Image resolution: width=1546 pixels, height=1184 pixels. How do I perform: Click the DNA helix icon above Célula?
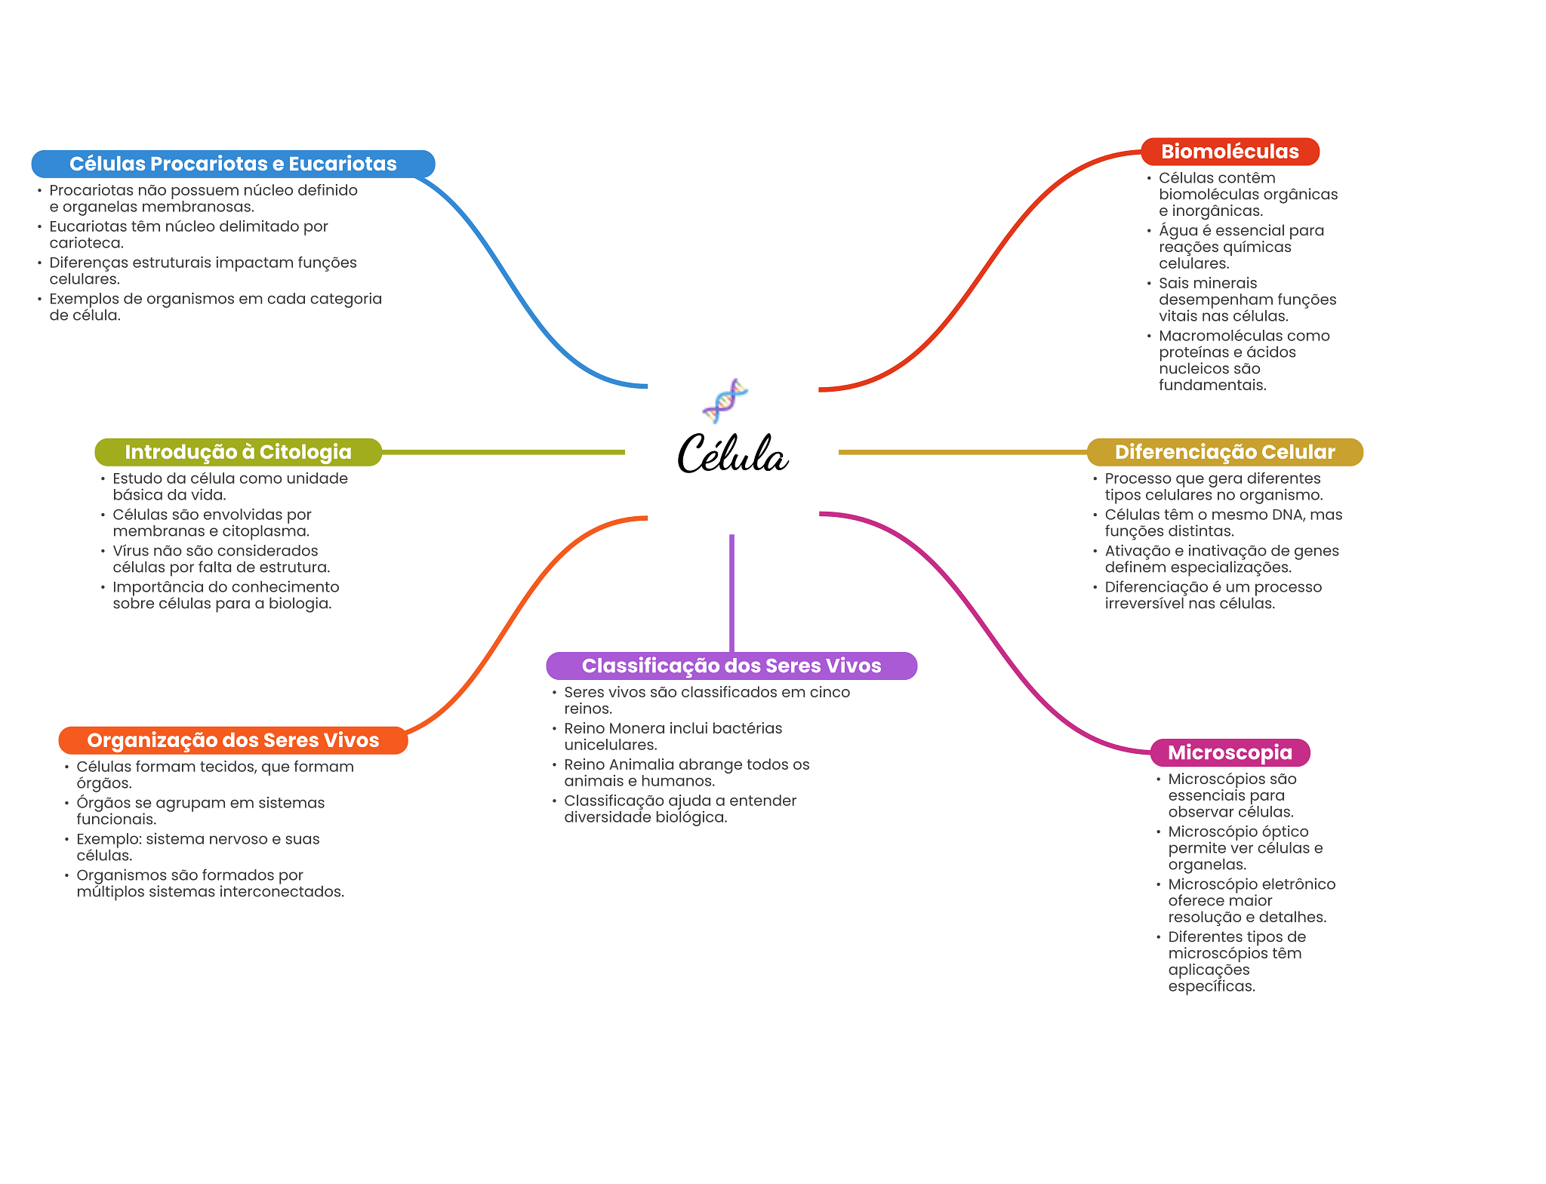(x=725, y=401)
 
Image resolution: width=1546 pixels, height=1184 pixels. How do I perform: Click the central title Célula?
(x=732, y=454)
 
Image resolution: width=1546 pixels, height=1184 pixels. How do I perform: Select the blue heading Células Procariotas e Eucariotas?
(x=233, y=164)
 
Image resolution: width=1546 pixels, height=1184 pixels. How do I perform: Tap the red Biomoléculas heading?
(x=1230, y=152)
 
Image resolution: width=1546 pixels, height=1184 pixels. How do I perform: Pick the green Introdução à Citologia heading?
(x=238, y=452)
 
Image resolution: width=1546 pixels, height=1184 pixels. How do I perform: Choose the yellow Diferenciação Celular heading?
(x=1224, y=452)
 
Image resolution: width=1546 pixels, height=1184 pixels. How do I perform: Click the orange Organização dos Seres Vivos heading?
(x=233, y=740)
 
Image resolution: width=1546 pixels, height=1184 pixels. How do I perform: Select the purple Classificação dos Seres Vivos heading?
(x=731, y=666)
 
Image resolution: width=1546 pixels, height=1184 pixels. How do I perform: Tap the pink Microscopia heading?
(x=1230, y=752)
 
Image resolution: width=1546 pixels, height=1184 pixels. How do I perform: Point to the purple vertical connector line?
(x=731, y=592)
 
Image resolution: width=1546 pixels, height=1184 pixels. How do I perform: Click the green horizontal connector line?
(x=503, y=452)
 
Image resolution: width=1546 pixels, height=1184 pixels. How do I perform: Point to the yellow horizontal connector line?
(x=962, y=452)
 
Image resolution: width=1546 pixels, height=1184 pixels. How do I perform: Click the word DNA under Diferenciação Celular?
(x=1270, y=515)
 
